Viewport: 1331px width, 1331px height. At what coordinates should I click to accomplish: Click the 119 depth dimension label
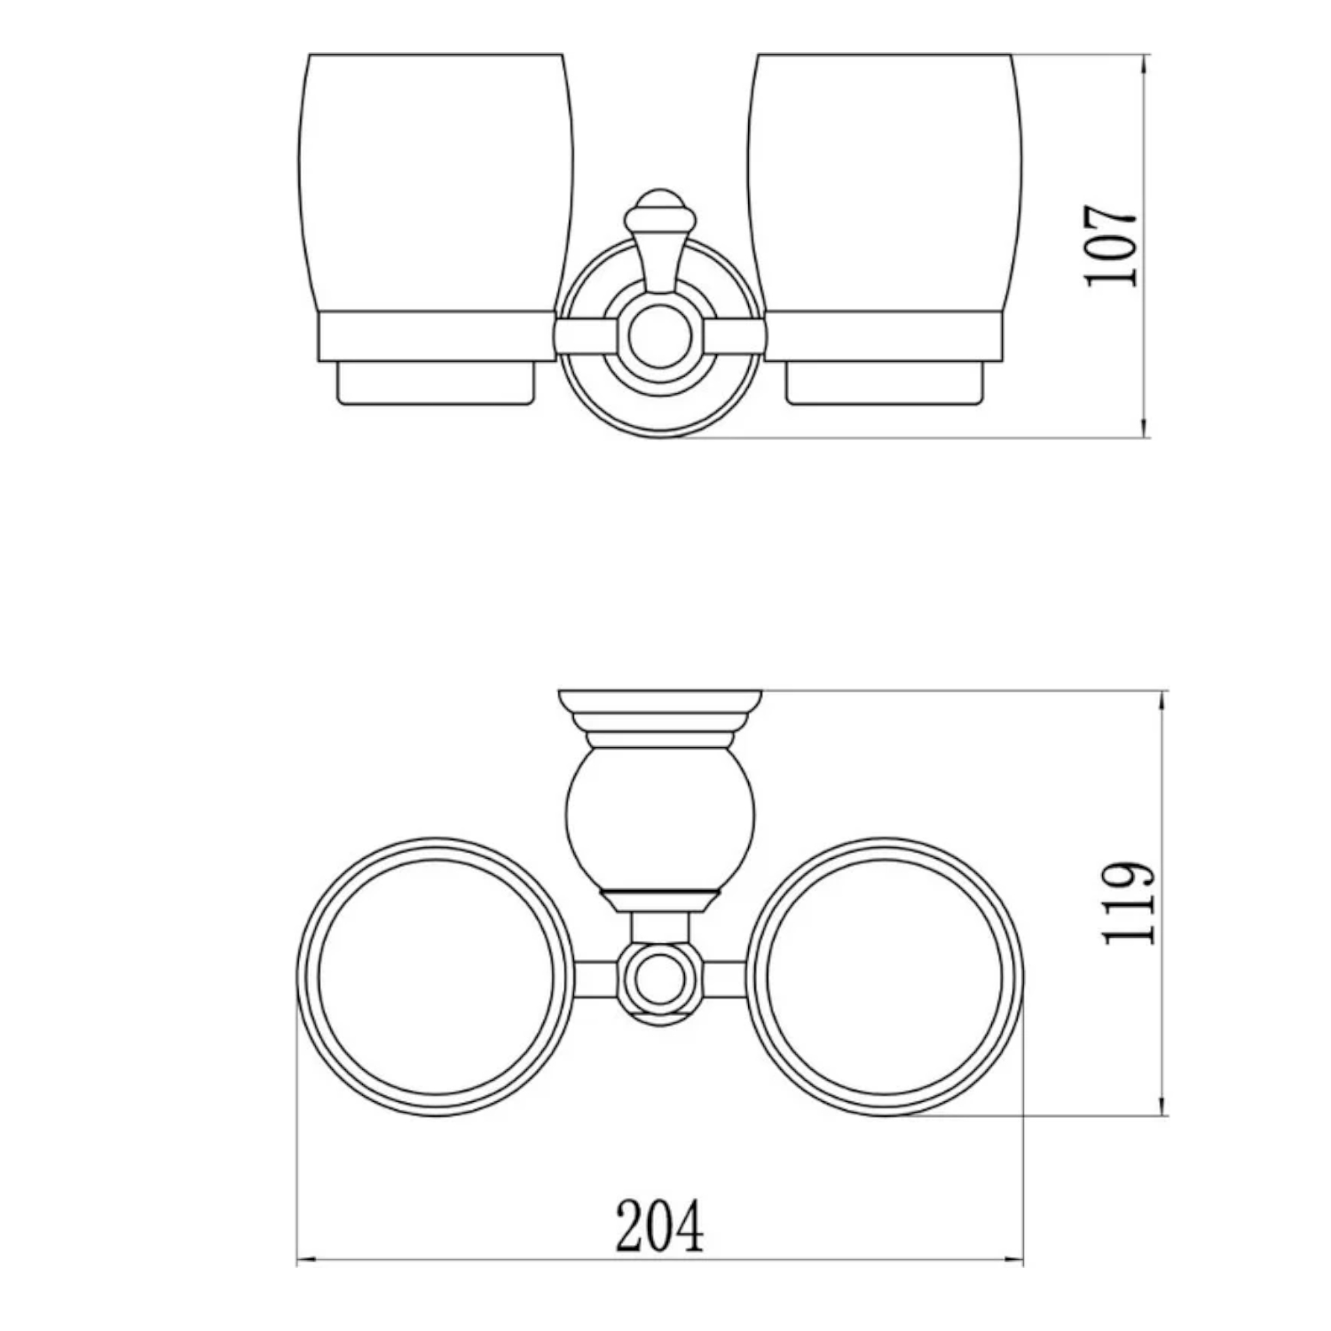coord(1130,902)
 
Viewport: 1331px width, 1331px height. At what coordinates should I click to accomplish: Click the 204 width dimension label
coord(659,1225)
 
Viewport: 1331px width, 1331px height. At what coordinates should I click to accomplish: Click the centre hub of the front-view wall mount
coord(659,337)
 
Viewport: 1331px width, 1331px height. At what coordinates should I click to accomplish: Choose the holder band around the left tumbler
coord(435,336)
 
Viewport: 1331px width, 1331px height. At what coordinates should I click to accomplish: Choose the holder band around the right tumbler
coord(885,336)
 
